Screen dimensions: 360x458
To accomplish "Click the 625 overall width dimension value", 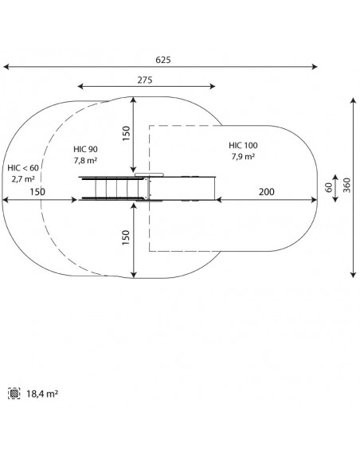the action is pyautogui.click(x=163, y=60).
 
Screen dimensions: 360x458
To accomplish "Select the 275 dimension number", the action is pyautogui.click(x=145, y=80).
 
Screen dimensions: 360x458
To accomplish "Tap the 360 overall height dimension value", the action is pyautogui.click(x=346, y=185).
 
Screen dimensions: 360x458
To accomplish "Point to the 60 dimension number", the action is pyautogui.click(x=329, y=187).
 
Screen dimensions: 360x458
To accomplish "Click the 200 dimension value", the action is pyautogui.click(x=267, y=192).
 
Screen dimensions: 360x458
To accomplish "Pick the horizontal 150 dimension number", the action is pyautogui.click(x=37, y=192).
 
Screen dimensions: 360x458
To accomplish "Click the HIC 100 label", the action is pyautogui.click(x=243, y=146).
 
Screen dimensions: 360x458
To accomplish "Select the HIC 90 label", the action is pyautogui.click(x=85, y=149).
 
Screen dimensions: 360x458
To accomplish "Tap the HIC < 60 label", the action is pyautogui.click(x=23, y=168).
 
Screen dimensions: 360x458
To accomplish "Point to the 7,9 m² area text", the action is pyautogui.click(x=243, y=157).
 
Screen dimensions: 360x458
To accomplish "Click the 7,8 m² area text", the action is pyautogui.click(x=85, y=160).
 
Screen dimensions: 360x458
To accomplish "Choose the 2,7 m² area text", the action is pyautogui.click(x=23, y=179).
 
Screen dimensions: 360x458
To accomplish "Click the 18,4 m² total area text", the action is pyautogui.click(x=42, y=393).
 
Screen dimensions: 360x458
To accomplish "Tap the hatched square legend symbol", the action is pyautogui.click(x=14, y=393).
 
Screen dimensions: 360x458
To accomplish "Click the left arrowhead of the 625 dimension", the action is pyautogui.click(x=6, y=67).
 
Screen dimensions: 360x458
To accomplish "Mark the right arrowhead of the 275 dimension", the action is pyautogui.click(x=213, y=86).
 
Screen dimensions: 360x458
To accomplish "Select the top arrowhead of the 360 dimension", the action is pyautogui.click(x=354, y=101).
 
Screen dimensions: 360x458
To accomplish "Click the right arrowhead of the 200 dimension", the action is pyautogui.click(x=314, y=200).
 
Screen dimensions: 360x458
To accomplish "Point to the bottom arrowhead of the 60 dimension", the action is pyautogui.click(x=335, y=199).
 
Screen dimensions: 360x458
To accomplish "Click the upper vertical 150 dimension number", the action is pyautogui.click(x=126, y=134).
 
